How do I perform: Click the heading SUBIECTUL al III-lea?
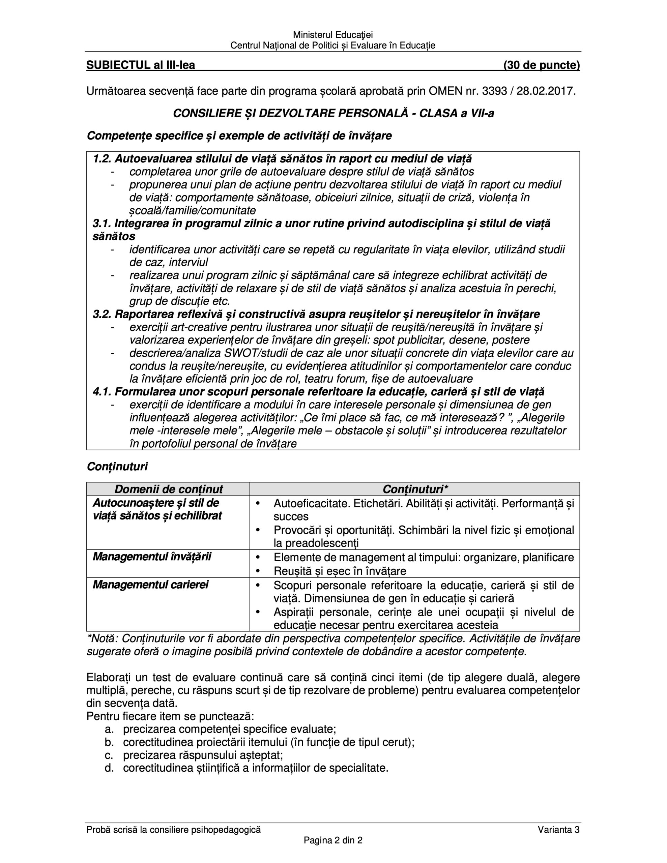tap(140, 65)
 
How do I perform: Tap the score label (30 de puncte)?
tap(541, 65)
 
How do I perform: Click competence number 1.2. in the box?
tap(103, 159)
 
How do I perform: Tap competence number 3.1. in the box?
tap(103, 224)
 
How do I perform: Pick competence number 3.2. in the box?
tap(103, 314)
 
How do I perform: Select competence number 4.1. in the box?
tap(103, 392)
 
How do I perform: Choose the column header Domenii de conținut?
tap(168, 489)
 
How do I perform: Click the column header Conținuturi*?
tap(415, 489)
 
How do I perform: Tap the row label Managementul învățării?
tap(152, 557)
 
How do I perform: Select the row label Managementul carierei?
tap(150, 585)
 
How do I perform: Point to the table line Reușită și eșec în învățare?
tap(340, 571)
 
